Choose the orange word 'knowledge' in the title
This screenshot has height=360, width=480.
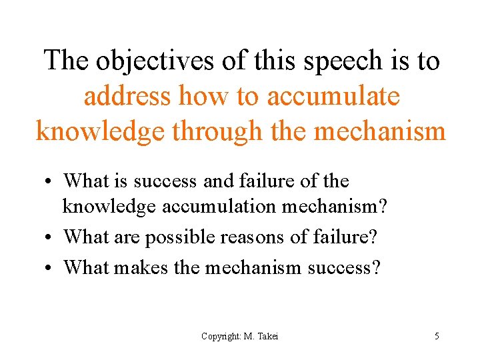pos(100,131)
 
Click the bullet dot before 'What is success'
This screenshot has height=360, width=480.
pos(51,181)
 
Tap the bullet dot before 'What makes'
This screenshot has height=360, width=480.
pos(51,267)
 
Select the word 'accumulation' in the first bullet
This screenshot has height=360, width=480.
pos(218,207)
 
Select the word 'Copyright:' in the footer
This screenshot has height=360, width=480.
pos(221,336)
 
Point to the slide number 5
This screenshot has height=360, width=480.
pos(437,336)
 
